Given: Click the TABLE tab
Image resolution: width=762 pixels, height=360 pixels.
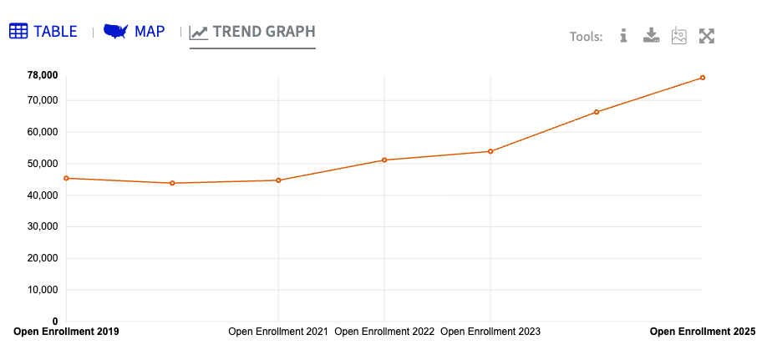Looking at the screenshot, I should coord(43,32).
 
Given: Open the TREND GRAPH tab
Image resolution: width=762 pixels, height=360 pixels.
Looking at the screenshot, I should coord(252,33).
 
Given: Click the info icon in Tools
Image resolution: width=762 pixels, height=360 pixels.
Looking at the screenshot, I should coord(623,36).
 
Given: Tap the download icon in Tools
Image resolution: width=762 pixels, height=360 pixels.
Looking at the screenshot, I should coord(652,36).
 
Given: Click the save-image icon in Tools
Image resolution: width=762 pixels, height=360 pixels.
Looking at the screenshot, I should coord(678,36).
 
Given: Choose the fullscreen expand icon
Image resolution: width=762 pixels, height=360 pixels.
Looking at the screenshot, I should coord(707,36).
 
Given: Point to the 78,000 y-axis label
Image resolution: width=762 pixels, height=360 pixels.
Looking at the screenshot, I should coord(43,75).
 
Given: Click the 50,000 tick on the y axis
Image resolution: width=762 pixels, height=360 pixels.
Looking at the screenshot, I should coord(43,164).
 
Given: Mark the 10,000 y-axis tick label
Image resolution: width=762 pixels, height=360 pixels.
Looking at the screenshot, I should coord(43,290).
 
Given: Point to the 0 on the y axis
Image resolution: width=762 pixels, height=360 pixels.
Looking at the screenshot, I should coord(55,322).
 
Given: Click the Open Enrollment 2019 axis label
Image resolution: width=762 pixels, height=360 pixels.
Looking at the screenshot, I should coord(67,332).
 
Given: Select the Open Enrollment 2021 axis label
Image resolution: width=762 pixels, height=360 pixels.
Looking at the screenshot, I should coord(278,332).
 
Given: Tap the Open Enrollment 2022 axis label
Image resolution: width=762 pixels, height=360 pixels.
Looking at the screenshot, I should coord(384,332).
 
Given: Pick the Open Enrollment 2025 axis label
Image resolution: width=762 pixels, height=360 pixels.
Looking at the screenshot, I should coord(702,332).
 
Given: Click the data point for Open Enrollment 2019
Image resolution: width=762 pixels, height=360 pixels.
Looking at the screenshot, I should coord(67,178).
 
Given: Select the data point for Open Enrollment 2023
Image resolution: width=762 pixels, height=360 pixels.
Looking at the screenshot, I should coord(490,151).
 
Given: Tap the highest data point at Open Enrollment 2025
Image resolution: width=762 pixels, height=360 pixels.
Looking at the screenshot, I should coord(703,78).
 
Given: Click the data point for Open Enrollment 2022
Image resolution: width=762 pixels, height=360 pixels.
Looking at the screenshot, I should coord(384,160).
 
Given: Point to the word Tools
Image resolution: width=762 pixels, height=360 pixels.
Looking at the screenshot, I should coord(586,37).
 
